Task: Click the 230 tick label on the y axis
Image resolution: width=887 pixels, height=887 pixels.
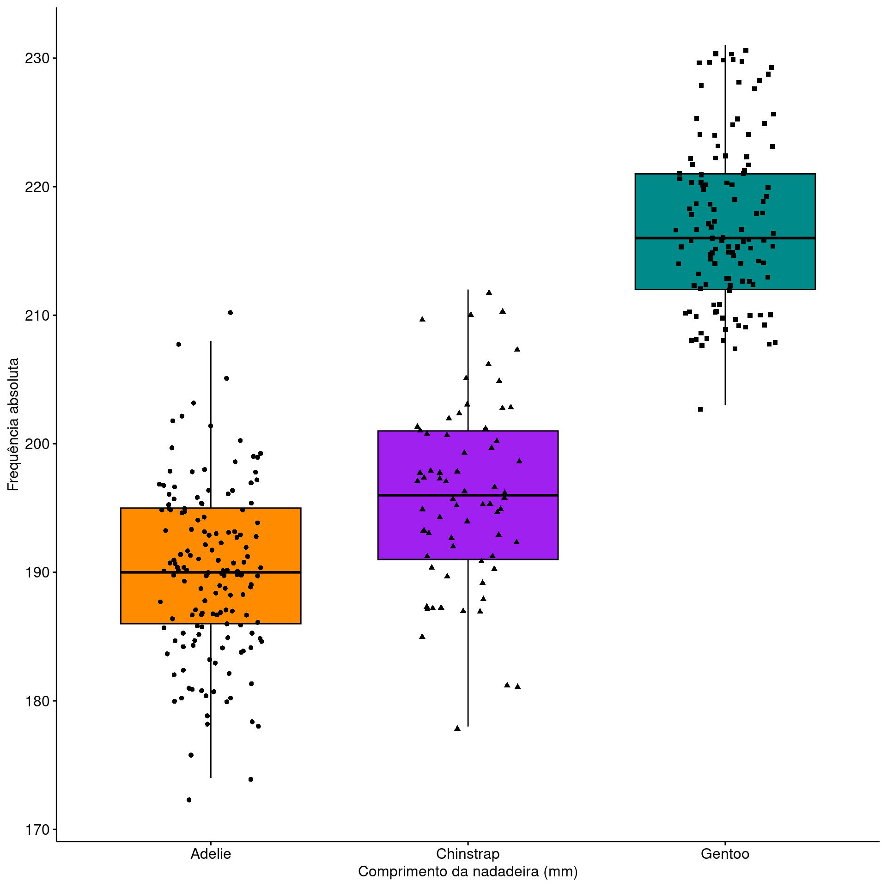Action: click(x=36, y=59)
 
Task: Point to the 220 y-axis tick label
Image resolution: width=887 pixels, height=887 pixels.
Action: click(x=36, y=187)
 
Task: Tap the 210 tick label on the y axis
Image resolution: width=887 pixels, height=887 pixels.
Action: click(x=36, y=316)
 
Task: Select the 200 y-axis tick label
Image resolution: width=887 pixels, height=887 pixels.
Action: click(x=36, y=444)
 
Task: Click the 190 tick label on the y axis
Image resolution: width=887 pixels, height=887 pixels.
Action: click(x=36, y=572)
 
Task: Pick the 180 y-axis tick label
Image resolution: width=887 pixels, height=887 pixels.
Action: click(x=36, y=701)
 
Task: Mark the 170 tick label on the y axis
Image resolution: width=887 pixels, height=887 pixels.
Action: click(x=36, y=829)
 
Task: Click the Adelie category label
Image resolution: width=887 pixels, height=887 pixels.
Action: click(x=211, y=854)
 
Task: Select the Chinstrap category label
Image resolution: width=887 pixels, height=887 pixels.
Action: click(x=468, y=854)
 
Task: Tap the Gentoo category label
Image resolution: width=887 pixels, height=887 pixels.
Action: click(x=725, y=854)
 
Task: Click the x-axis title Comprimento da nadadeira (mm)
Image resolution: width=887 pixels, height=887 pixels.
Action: click(x=468, y=872)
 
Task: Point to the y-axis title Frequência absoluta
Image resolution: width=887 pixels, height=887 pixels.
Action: click(x=13, y=424)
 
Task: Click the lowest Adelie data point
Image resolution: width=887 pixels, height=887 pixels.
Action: click(x=189, y=800)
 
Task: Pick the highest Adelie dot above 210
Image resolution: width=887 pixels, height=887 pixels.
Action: click(x=231, y=313)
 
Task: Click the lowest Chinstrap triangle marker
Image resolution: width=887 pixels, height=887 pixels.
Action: click(x=457, y=729)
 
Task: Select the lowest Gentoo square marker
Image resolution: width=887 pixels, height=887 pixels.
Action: click(x=700, y=409)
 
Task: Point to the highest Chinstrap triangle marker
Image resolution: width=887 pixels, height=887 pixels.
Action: click(x=489, y=292)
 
